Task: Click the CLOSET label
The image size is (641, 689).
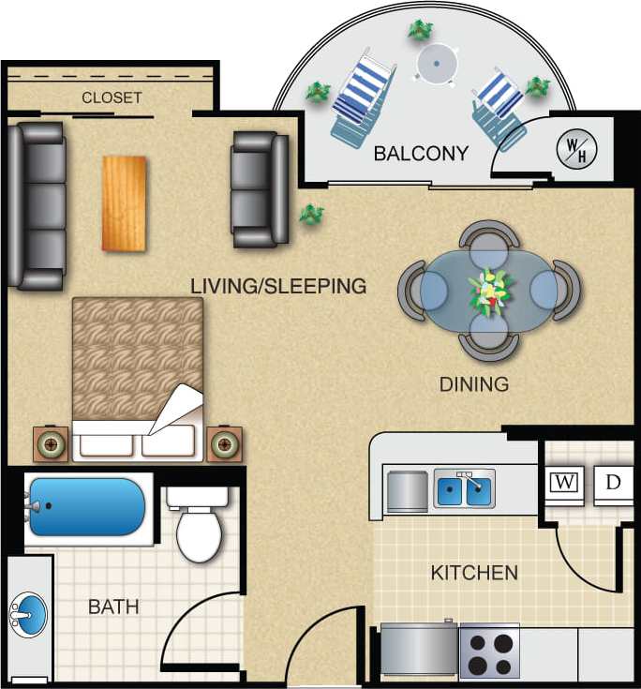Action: tap(112, 97)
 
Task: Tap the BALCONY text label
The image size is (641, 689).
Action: tap(421, 154)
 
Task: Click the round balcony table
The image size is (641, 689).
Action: tap(437, 65)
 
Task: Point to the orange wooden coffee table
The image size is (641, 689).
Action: tap(124, 203)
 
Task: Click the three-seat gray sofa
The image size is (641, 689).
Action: tap(37, 206)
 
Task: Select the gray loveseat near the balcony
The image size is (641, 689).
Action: tap(260, 188)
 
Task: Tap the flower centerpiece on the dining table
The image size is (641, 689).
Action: tap(488, 292)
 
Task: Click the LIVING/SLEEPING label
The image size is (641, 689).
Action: tap(278, 286)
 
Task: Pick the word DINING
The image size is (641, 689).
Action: tap(474, 384)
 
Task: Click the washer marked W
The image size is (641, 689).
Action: tap(563, 482)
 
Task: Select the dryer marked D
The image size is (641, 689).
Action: tap(613, 482)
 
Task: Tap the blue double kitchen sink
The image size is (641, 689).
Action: tap(464, 489)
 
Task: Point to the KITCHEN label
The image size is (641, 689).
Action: tap(474, 572)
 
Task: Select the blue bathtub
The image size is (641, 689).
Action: tap(86, 507)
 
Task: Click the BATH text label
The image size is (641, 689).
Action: tap(113, 607)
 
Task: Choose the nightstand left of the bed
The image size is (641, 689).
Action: tap(52, 444)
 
